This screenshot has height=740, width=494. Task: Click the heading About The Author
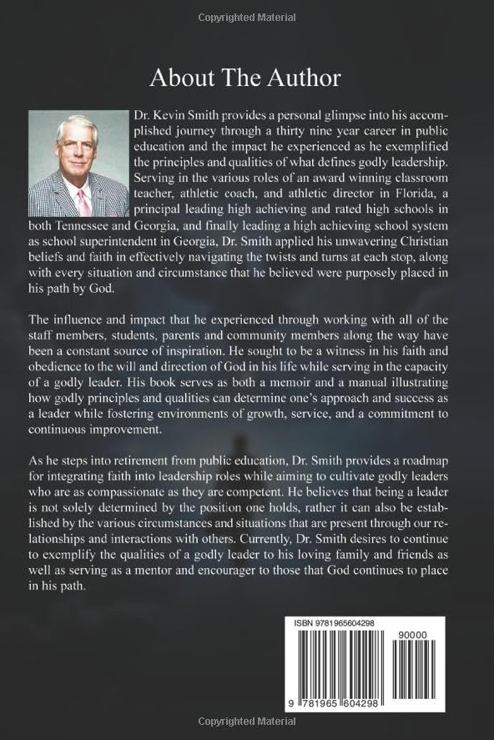point(245,78)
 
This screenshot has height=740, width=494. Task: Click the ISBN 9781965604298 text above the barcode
point(334,623)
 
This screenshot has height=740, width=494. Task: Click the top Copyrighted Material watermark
point(247,18)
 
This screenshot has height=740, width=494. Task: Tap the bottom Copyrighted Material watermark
point(247,721)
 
